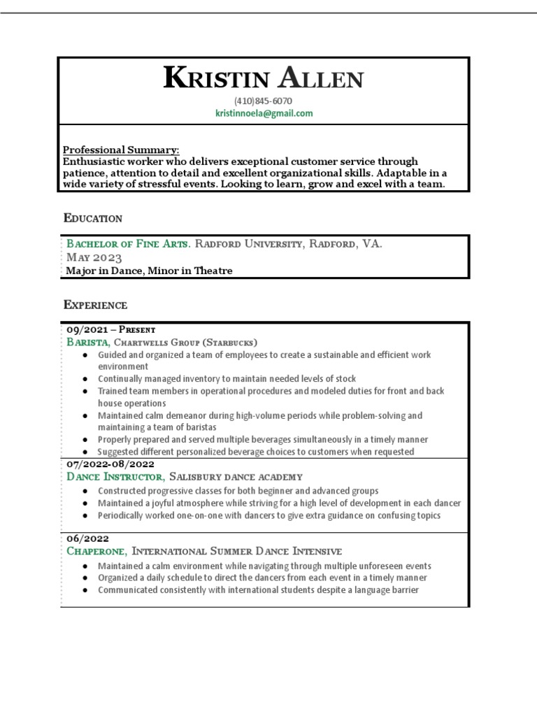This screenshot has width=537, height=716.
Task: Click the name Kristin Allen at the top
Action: tap(263, 78)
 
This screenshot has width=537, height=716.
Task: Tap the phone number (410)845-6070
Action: tap(264, 101)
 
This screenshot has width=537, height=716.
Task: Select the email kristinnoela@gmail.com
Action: tap(264, 113)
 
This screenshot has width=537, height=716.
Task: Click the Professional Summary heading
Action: tap(121, 150)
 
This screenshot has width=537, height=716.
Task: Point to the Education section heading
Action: tap(93, 218)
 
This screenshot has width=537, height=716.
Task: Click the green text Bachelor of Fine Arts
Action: tap(128, 244)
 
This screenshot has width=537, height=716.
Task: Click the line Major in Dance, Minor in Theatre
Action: tap(150, 271)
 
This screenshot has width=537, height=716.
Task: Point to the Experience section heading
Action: tap(95, 305)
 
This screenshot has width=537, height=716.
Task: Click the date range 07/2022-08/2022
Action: tap(110, 464)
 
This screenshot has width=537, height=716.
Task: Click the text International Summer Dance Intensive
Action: tap(237, 552)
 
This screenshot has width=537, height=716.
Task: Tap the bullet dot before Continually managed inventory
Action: tap(85, 379)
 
